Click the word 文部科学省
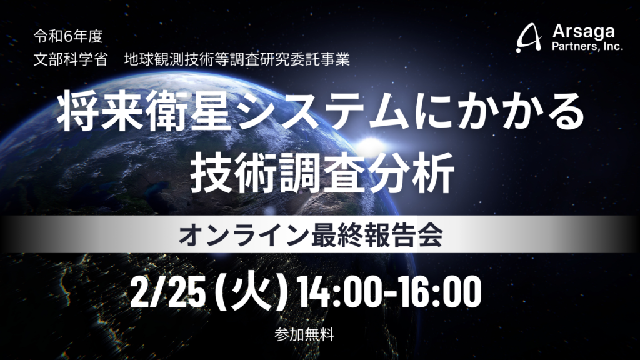(71, 60)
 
